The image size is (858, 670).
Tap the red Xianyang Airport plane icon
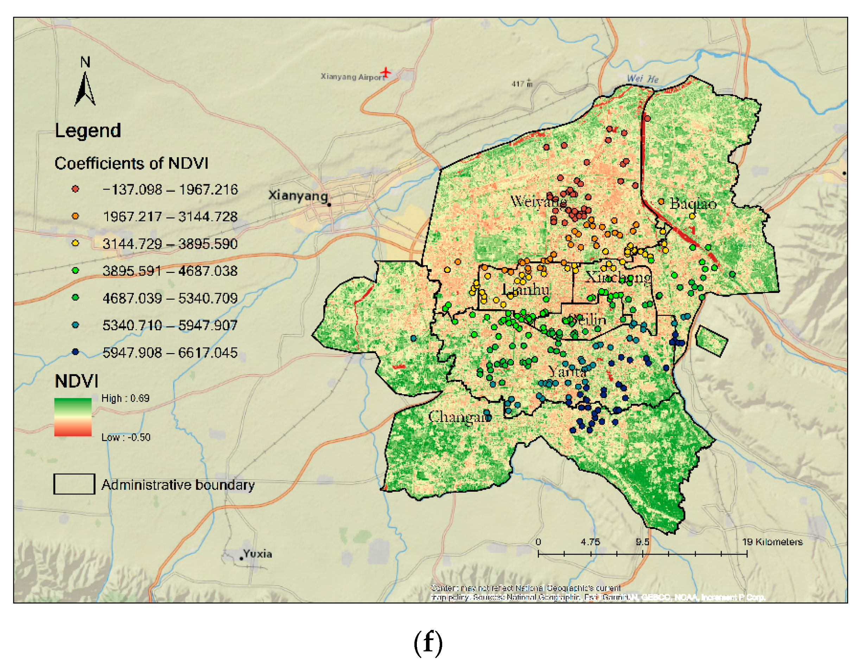coord(386,72)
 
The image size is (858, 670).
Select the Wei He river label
coord(642,78)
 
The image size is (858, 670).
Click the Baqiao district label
coord(693,203)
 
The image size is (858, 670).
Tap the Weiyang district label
coord(538,202)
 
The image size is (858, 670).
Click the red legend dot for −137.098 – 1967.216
coord(75,189)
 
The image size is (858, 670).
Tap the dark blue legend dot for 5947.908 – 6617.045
coord(75,352)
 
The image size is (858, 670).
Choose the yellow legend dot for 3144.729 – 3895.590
coord(75,243)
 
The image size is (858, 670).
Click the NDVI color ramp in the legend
coord(73,417)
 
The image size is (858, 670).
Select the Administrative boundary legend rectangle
coord(74,484)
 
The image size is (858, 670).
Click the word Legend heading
coord(88,130)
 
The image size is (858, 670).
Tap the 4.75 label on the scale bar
coord(590,542)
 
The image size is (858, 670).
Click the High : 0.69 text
coord(125,398)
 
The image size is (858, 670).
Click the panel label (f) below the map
coord(428,643)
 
